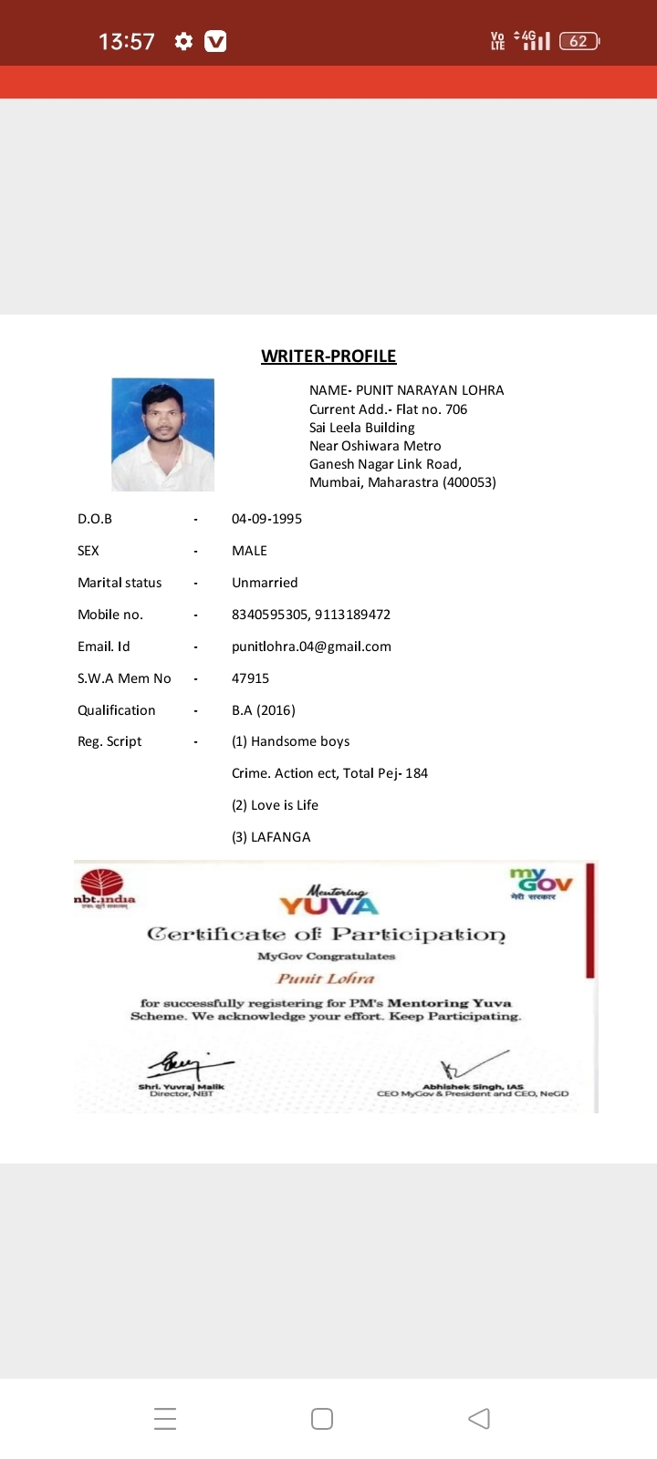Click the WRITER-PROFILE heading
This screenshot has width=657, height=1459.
328,357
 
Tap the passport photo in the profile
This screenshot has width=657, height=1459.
162,435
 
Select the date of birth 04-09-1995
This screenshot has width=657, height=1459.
266,519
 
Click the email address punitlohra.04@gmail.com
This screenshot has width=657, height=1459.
311,647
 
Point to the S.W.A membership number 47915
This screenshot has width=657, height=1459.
250,678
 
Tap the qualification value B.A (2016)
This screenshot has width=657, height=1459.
263,710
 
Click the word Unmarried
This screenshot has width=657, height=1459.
265,583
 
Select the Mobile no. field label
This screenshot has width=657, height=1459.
110,615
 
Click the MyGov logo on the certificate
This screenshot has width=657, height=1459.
541,884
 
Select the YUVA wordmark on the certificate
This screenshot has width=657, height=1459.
328,904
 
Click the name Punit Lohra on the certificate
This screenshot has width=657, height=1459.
326,978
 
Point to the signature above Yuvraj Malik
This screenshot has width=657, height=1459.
187,1063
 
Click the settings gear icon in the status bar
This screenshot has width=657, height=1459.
183,41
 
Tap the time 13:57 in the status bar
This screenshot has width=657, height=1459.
126,41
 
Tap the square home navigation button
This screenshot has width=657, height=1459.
322,1419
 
